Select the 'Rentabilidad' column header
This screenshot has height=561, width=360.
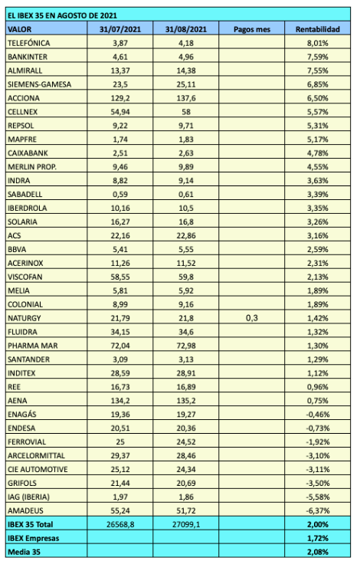tap(312, 28)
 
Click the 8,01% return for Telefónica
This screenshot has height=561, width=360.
tap(316, 43)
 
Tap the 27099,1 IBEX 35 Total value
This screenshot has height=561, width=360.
tap(185, 523)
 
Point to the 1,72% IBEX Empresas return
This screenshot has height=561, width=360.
tap(316, 536)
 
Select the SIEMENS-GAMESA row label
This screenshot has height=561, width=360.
tap(38, 83)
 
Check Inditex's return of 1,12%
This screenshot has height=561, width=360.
tap(316, 372)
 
